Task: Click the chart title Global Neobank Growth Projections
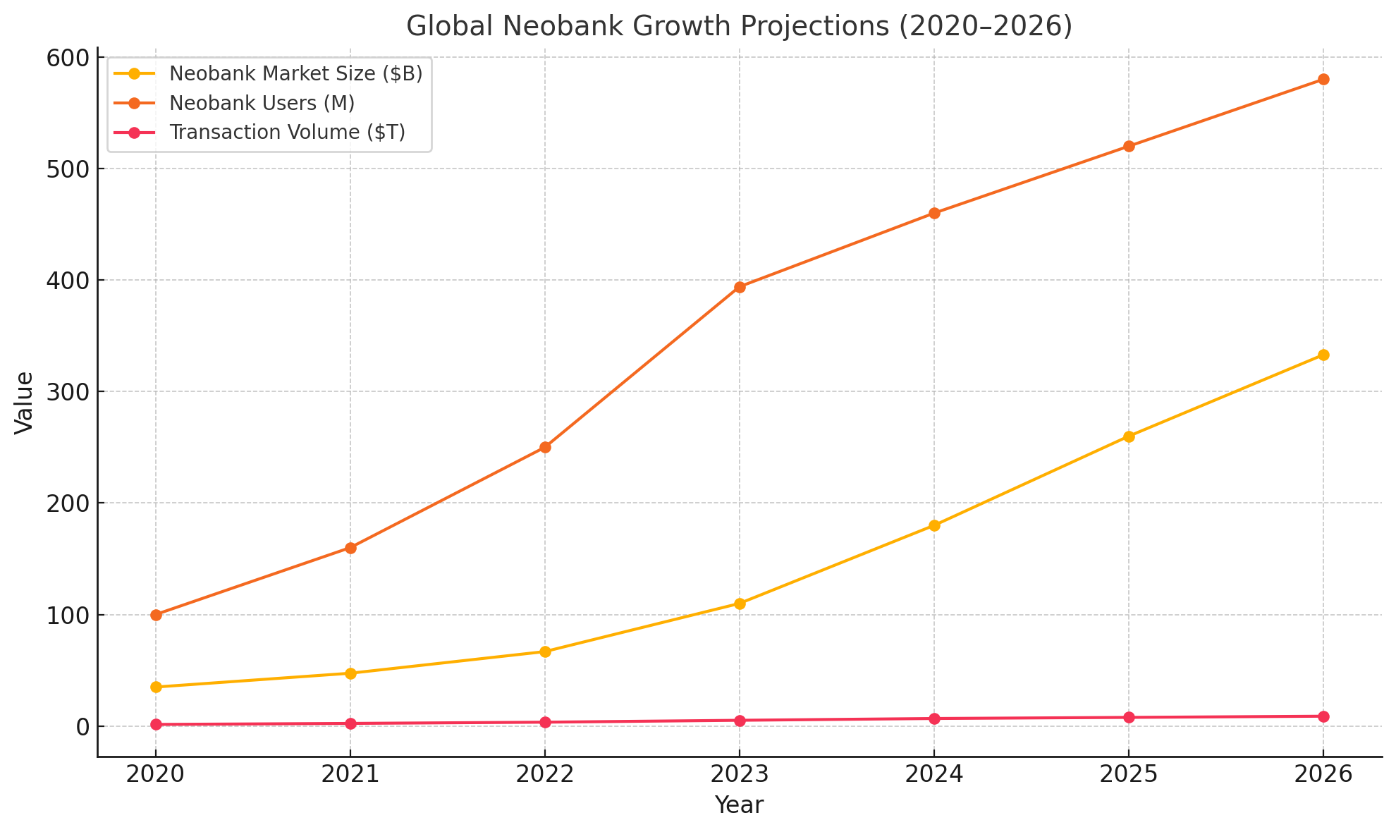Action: pos(739,27)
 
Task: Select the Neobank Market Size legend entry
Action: pos(295,74)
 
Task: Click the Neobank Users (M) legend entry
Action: pos(262,103)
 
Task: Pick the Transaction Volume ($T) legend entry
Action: pos(287,133)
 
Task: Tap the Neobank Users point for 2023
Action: pos(740,287)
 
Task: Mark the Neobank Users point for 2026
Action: pos(1323,80)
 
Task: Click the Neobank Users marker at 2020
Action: pos(156,615)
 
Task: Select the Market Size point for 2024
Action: pos(934,525)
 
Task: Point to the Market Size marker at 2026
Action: pos(1323,355)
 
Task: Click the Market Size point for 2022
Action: pos(545,651)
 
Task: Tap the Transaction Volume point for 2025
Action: pos(1129,718)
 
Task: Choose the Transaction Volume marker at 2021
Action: pos(350,723)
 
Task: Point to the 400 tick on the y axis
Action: pos(71,281)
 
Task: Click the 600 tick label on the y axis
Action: pos(71,58)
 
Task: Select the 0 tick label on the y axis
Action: pos(80,726)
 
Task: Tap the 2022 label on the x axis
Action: pos(545,775)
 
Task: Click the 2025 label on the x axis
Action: pos(1129,775)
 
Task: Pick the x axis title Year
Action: pos(739,805)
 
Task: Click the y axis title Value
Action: pos(24,403)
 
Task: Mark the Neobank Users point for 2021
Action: pos(350,548)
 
